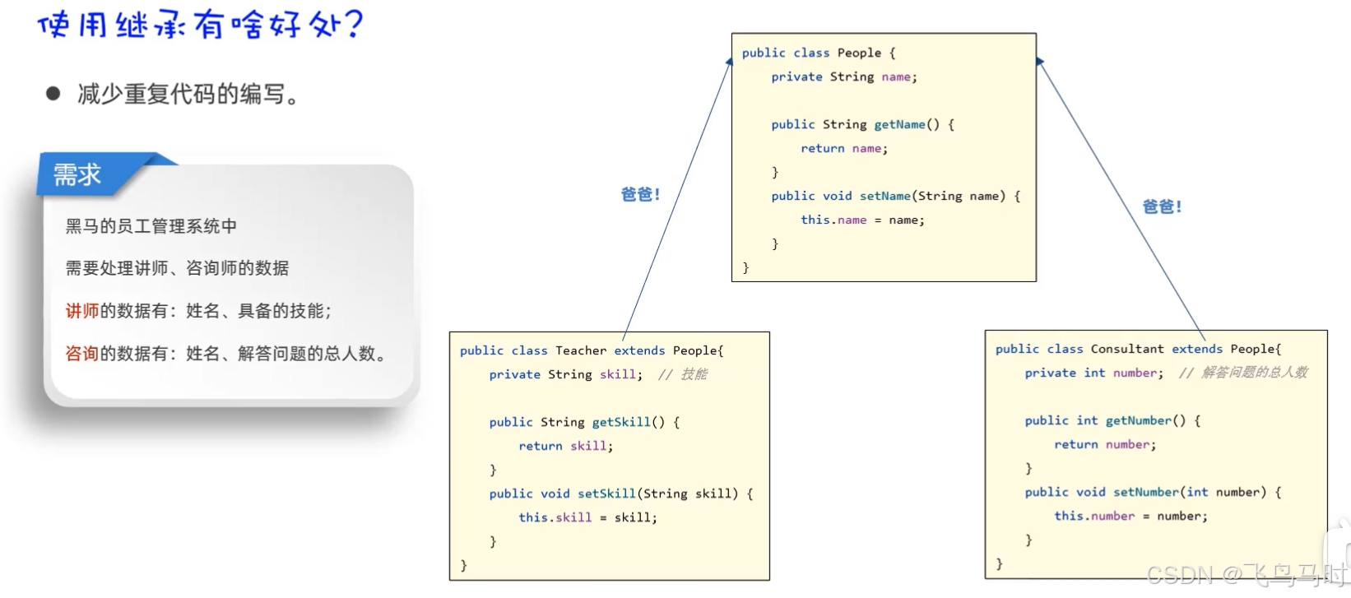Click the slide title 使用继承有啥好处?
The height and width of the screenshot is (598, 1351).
(x=200, y=25)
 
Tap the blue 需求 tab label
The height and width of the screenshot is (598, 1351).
(x=77, y=174)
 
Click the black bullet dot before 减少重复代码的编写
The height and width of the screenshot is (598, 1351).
(x=53, y=94)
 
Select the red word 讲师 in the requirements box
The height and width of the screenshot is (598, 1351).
(x=82, y=311)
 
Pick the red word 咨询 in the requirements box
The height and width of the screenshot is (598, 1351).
(x=82, y=354)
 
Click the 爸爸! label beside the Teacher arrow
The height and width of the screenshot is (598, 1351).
(x=640, y=194)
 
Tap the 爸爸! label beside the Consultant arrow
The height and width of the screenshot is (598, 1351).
(x=1162, y=206)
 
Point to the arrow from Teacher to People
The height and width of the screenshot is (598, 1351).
(x=677, y=197)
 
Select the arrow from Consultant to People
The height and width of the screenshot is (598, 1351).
(x=1121, y=197)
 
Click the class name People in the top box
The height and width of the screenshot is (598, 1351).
(x=859, y=53)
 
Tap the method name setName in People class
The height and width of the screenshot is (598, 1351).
(x=884, y=196)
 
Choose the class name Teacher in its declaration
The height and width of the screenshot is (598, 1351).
(x=581, y=350)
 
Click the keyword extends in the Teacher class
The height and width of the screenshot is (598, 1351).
(x=639, y=350)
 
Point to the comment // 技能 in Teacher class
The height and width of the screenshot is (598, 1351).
(x=682, y=374)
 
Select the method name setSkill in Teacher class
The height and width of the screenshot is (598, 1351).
(x=606, y=494)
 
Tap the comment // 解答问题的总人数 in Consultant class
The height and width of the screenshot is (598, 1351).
(x=1242, y=373)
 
